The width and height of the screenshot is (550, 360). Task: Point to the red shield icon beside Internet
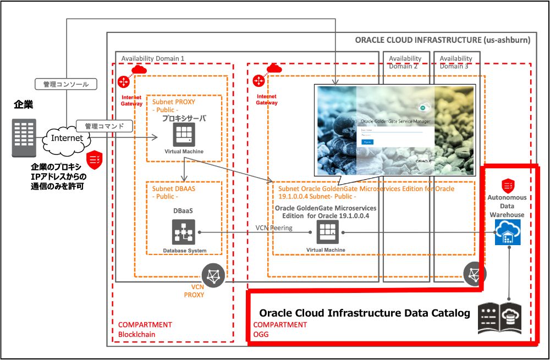[x=94, y=157]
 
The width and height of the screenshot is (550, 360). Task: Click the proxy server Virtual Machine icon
[x=184, y=134]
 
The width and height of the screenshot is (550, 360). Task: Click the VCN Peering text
[x=274, y=228]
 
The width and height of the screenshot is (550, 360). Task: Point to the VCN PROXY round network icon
[x=214, y=275]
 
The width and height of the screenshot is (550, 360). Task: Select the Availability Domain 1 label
[x=153, y=58]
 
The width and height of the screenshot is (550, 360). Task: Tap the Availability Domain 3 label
[x=456, y=62]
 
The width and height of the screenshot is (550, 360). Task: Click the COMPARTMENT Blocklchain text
[x=145, y=329]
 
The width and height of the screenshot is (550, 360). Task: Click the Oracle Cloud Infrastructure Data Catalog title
[x=364, y=313]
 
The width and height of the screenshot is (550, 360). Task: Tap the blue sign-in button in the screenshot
[x=367, y=141]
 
